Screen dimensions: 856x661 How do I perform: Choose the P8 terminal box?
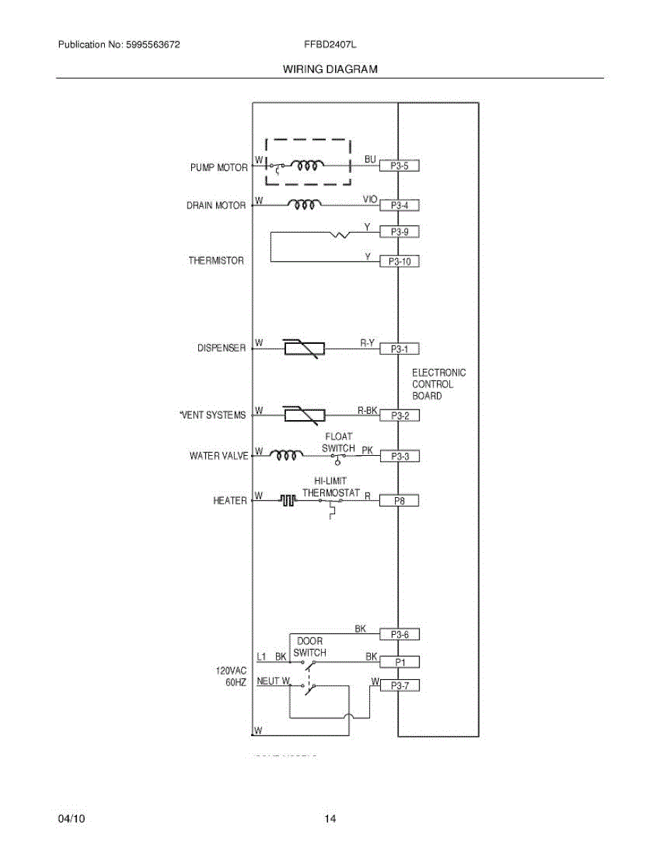tap(399, 501)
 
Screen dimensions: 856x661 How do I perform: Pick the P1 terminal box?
tap(399, 662)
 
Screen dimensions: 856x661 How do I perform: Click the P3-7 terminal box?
tap(399, 686)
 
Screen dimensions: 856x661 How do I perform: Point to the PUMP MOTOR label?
tap(218, 168)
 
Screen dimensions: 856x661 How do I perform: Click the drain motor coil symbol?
tap(304, 205)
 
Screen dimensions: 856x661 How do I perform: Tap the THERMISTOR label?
tap(216, 261)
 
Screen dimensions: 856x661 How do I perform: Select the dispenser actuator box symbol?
tap(304, 348)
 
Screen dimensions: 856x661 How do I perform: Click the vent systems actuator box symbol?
tap(304, 414)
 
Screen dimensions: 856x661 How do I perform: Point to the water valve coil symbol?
tap(285, 455)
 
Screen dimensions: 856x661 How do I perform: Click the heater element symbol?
tap(287, 501)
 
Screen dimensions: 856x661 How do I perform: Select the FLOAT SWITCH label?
tap(338, 442)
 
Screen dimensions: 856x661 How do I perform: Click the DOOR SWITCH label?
tap(309, 647)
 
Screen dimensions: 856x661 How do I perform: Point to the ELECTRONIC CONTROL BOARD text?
tap(439, 384)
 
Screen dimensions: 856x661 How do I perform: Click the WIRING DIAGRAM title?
tap(330, 69)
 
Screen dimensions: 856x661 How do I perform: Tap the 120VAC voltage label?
tap(232, 671)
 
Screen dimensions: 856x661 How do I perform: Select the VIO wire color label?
tap(369, 200)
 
